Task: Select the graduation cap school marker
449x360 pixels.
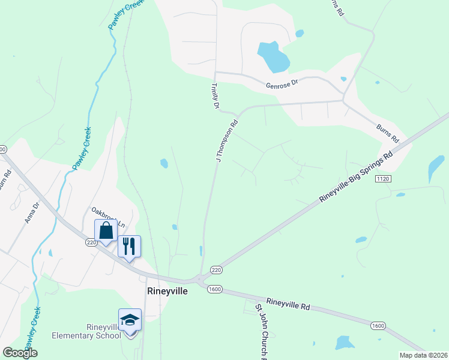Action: pyautogui.click(x=130, y=320)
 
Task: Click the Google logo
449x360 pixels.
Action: pyautogui.click(x=20, y=353)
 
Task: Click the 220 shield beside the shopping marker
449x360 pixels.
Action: pyautogui.click(x=91, y=242)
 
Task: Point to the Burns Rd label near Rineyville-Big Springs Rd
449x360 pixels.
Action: pyautogui.click(x=388, y=133)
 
